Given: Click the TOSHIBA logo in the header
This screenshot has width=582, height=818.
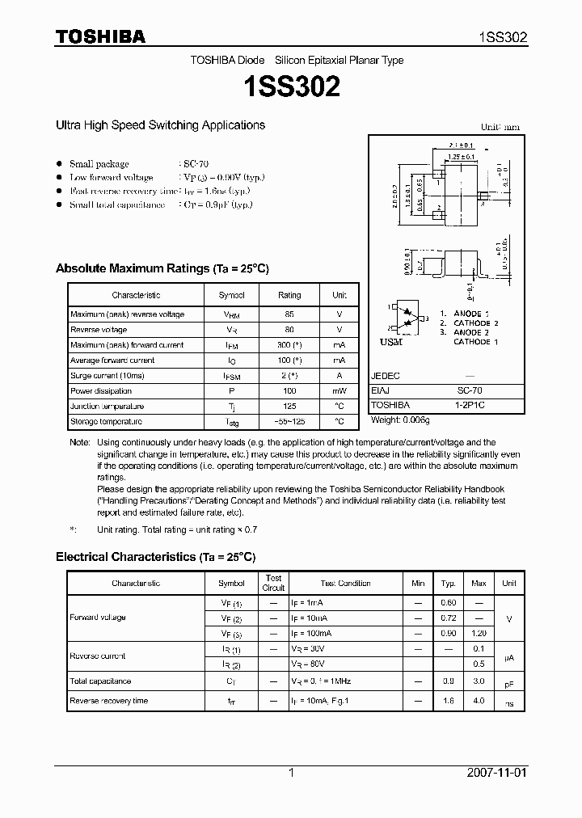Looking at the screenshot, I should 100,36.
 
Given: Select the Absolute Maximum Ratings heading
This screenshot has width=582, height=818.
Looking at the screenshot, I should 162,268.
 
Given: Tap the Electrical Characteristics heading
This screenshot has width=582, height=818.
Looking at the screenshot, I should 155,557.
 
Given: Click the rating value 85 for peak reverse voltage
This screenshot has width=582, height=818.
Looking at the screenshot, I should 289,314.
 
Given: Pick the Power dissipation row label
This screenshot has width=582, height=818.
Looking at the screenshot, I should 95,391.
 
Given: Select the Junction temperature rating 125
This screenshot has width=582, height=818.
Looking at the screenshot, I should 289,407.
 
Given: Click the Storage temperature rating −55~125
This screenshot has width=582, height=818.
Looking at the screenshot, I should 289,422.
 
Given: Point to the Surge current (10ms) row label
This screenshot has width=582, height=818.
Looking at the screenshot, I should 102,376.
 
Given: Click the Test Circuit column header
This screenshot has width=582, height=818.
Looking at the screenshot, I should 274,583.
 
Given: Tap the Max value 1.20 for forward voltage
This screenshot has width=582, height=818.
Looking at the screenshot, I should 479,633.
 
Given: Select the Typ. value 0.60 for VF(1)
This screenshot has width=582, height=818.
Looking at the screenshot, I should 448,603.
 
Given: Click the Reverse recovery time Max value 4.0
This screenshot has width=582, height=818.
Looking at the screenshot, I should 479,701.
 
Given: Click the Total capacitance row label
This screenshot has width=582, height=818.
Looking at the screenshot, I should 100,681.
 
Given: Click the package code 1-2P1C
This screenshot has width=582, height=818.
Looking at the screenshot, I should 470,405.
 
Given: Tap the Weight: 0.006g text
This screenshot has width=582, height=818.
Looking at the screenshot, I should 399,420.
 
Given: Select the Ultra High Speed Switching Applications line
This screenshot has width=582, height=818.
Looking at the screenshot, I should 160,125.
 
